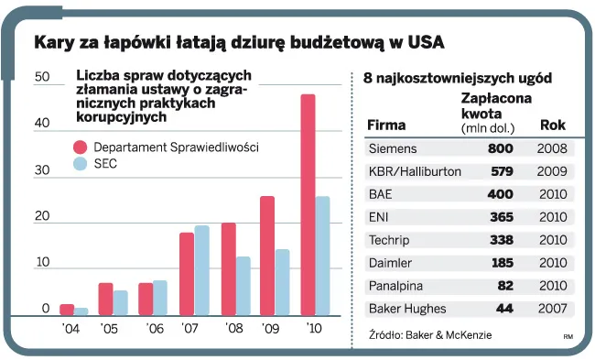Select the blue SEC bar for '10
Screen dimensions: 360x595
click(x=322, y=256)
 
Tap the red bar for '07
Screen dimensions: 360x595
click(x=187, y=273)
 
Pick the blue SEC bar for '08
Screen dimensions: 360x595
click(x=243, y=285)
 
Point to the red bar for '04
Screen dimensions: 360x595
click(x=67, y=309)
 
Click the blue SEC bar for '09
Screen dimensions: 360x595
click(x=282, y=281)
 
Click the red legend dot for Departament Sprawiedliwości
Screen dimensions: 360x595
click(x=81, y=147)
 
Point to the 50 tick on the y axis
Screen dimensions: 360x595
click(x=41, y=78)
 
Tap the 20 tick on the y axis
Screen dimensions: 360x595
click(x=41, y=217)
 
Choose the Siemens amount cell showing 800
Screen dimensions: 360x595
click(x=500, y=147)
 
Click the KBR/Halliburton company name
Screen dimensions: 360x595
click(x=414, y=170)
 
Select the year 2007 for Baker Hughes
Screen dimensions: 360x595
click(x=553, y=309)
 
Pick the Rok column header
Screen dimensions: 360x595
click(x=552, y=125)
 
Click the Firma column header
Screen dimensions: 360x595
click(x=385, y=125)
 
